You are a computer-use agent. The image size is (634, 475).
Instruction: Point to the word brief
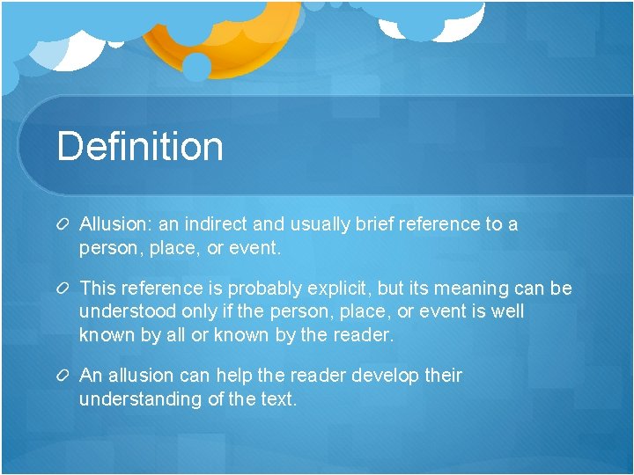[x=372, y=224]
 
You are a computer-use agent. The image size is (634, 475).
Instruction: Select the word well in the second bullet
[x=506, y=312]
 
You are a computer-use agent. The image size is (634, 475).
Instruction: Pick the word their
[x=442, y=376]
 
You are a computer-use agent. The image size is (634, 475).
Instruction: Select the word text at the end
[x=277, y=399]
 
